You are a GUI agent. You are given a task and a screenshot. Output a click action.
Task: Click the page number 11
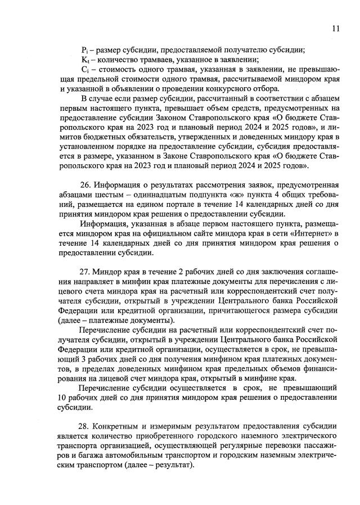335,29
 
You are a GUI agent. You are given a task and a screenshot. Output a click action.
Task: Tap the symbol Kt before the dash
85,60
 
